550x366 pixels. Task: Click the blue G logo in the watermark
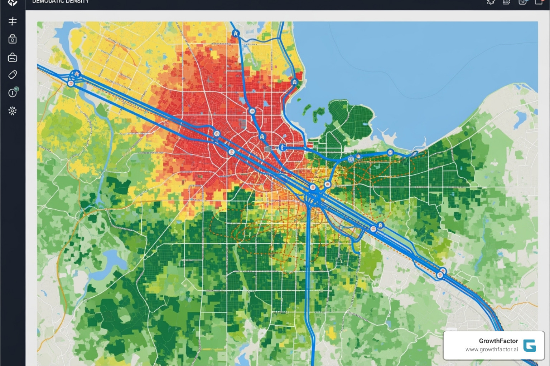tap(529, 346)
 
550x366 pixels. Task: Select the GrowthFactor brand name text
tap(498, 341)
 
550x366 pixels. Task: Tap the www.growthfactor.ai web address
tap(491, 350)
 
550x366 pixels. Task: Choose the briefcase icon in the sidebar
tap(13, 57)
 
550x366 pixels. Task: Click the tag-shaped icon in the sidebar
tap(13, 75)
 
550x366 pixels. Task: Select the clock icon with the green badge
tap(13, 93)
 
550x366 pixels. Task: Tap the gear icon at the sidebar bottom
tap(13, 111)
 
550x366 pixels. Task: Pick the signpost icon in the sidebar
tap(13, 21)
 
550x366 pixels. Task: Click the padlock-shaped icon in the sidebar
tap(13, 39)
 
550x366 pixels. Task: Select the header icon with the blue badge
tap(522, 2)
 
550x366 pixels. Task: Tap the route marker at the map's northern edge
tap(235, 33)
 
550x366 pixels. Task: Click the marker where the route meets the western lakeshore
tap(294, 82)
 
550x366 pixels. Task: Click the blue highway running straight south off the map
tap(308, 286)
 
